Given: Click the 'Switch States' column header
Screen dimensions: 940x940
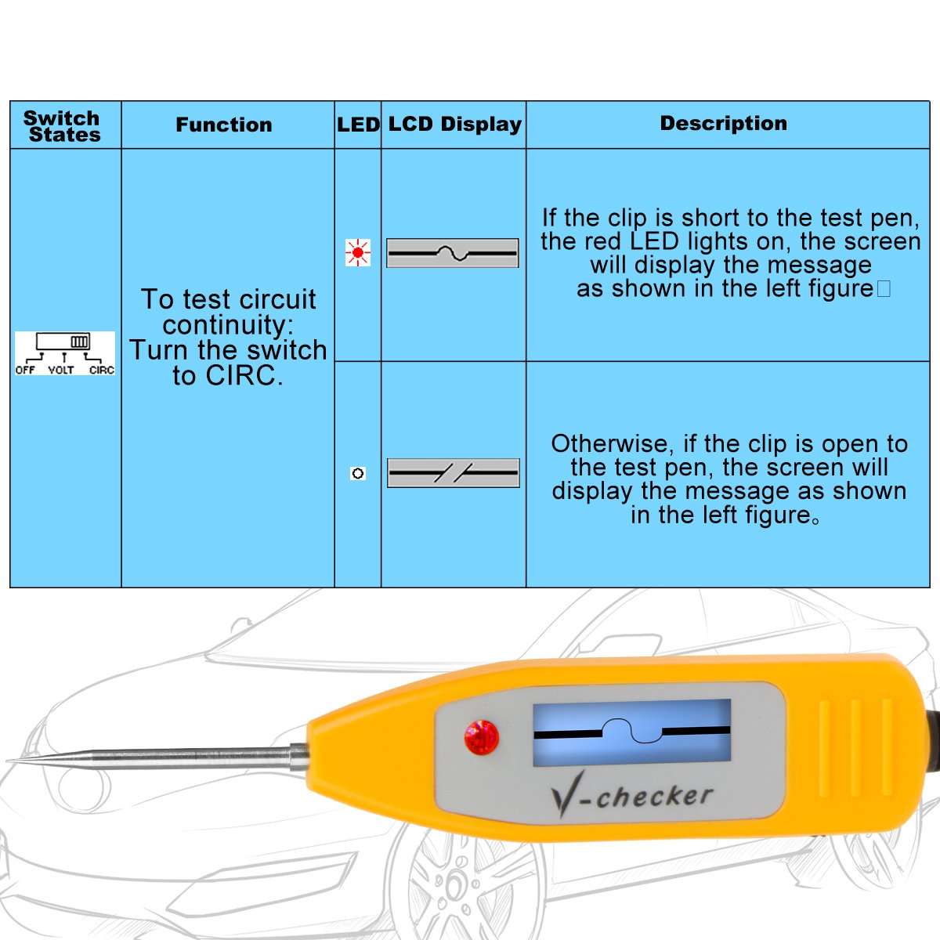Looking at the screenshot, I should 63,126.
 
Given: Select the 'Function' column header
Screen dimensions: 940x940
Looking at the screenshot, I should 224,125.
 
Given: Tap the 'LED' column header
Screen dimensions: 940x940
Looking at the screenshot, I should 358,125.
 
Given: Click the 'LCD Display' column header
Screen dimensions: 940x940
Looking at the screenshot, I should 454,124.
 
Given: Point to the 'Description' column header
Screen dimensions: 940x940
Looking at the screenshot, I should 723,123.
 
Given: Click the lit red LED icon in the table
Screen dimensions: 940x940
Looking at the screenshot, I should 358,253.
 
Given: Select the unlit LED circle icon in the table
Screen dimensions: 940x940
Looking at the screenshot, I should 358,473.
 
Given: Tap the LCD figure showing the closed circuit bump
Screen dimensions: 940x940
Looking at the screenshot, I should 453,253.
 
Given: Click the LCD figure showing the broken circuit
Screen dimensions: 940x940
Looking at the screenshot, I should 454,472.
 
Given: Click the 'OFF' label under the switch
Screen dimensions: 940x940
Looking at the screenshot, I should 25,370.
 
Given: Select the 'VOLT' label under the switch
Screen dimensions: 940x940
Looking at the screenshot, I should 61,370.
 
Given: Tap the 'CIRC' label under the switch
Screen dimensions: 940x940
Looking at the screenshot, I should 102,370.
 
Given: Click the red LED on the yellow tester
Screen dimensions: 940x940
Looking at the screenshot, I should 481,737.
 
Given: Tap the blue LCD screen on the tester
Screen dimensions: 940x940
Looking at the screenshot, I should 631,732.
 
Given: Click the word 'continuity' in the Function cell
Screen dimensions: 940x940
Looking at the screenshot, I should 227,325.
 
